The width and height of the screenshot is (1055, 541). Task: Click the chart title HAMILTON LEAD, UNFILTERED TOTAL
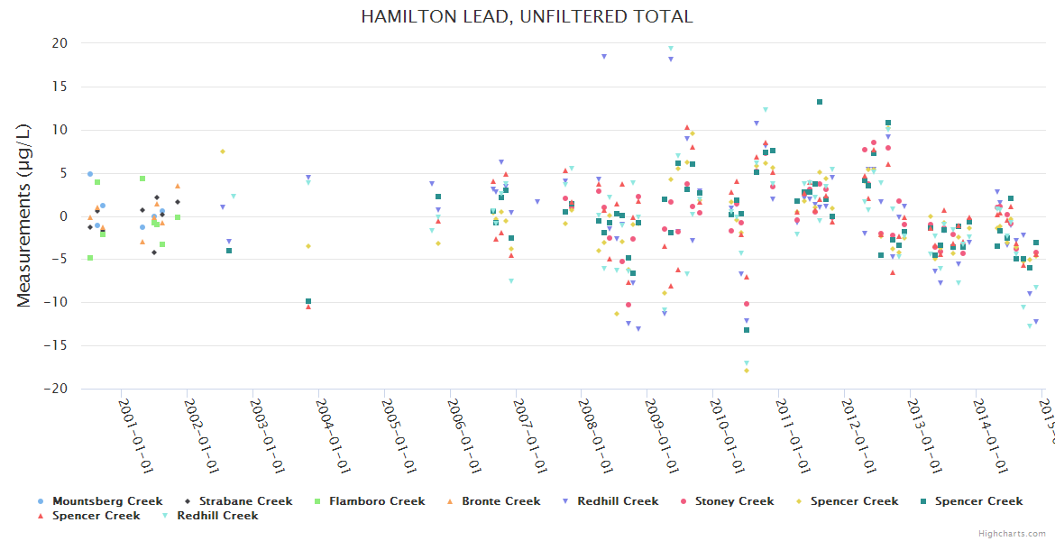coord(527,17)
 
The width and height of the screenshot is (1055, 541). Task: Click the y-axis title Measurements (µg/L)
coord(24,216)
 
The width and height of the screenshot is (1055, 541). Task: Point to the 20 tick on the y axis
coord(60,43)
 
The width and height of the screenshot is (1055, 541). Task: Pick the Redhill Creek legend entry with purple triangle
coord(618,501)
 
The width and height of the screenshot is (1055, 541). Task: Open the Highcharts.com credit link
coord(1013,534)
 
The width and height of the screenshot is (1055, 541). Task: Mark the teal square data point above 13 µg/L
coord(819,102)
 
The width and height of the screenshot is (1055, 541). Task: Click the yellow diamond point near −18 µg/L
coord(747,371)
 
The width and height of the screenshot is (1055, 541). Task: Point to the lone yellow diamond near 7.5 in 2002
coord(222,151)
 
